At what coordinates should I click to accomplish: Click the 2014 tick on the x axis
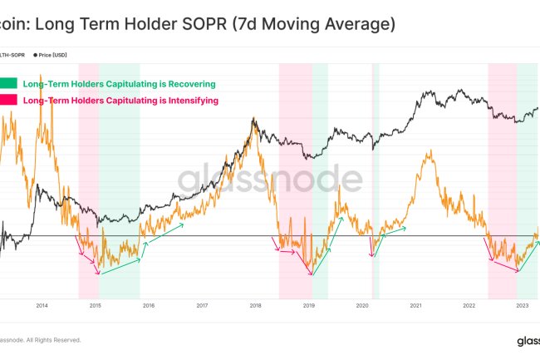[x=42, y=306]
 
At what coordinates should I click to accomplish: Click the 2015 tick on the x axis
[x=95, y=306]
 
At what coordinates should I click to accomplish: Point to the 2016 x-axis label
[x=148, y=306]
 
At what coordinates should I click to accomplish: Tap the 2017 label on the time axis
[x=202, y=306]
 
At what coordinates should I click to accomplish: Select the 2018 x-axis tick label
[x=255, y=306]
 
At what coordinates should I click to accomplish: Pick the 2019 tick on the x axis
[x=308, y=306]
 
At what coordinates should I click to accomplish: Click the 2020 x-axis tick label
[x=362, y=306]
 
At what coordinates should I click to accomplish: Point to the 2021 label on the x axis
[x=415, y=306]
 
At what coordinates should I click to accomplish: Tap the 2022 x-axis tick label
[x=469, y=306]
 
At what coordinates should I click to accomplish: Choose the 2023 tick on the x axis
[x=522, y=306]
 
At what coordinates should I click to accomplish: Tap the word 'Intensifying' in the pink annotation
[x=190, y=100]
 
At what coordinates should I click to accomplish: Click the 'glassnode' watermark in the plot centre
[x=270, y=178]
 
